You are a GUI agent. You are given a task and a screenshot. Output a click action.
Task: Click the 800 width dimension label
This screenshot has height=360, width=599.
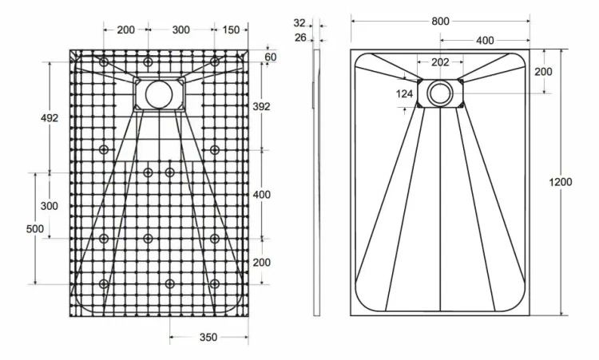[440, 22]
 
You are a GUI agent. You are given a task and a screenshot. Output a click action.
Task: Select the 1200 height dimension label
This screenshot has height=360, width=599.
[561, 182]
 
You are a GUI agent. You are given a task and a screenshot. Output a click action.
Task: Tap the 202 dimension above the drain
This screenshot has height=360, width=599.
[440, 61]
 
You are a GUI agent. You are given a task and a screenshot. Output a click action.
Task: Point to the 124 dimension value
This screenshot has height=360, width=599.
[405, 93]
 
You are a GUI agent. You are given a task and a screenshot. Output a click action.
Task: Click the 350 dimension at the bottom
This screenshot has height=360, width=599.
[208, 337]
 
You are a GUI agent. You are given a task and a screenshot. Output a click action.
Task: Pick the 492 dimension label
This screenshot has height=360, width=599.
[50, 118]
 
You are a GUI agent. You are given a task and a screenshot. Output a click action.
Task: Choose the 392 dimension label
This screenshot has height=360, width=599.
[261, 106]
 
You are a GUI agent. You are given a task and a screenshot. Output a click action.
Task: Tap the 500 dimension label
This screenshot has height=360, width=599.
[35, 228]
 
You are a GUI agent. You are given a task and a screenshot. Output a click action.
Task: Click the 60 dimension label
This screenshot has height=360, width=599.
[271, 57]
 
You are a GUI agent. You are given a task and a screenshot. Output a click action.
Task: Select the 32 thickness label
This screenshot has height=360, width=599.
[299, 23]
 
